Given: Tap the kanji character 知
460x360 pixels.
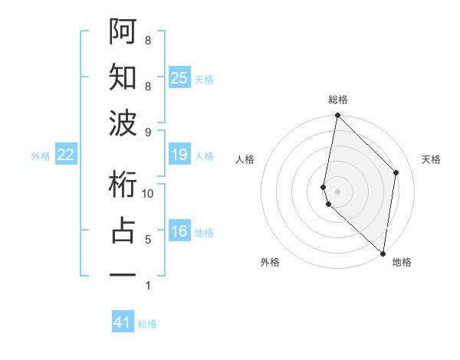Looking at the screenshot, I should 123,77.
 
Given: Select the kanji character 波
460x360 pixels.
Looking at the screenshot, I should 123,123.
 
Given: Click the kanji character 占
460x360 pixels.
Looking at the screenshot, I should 123,231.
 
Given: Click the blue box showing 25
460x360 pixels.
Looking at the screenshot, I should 179,78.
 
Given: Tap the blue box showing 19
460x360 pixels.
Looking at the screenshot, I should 179,155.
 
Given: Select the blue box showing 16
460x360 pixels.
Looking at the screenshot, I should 179,232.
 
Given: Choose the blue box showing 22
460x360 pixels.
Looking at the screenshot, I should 65,155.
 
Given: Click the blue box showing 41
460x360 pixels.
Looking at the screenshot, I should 123,322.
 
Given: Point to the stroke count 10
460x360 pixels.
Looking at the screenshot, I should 148,193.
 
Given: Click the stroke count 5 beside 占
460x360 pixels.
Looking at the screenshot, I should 148,239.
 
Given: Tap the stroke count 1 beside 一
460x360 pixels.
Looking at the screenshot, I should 148,286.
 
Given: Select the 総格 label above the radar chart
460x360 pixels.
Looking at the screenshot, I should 338,100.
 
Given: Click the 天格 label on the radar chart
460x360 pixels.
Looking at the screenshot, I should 431,159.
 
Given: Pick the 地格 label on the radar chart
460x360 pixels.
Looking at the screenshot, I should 402,263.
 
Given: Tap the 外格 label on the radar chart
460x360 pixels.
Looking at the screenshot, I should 269,263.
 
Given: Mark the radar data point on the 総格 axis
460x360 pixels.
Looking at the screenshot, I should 337,116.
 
